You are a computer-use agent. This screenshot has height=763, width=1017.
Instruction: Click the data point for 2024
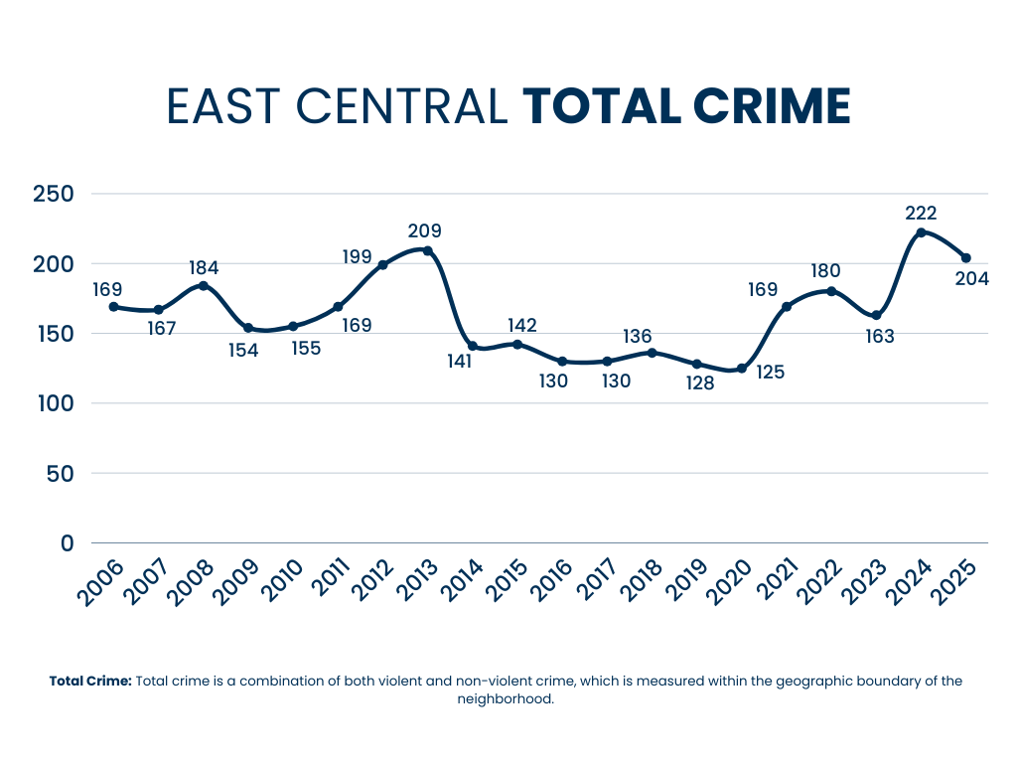pyautogui.click(x=921, y=232)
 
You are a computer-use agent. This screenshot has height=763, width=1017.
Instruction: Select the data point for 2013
pyautogui.click(x=427, y=250)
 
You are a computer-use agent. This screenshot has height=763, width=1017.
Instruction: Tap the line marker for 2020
pyautogui.click(x=741, y=369)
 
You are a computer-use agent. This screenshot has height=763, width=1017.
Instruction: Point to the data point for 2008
pyautogui.click(x=204, y=285)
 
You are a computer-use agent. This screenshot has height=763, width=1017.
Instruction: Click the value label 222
pyautogui.click(x=921, y=213)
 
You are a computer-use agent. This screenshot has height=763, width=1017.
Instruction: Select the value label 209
pyautogui.click(x=424, y=231)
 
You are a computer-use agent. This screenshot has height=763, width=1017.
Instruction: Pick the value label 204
pyautogui.click(x=971, y=279)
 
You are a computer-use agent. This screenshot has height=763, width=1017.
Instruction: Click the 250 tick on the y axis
pyautogui.click(x=54, y=194)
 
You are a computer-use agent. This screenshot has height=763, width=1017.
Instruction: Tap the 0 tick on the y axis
pyautogui.click(x=68, y=543)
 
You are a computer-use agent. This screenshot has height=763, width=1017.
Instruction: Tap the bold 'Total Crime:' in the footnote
pyautogui.click(x=90, y=682)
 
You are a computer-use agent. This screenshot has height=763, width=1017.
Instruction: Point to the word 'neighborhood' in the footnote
pyautogui.click(x=504, y=699)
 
